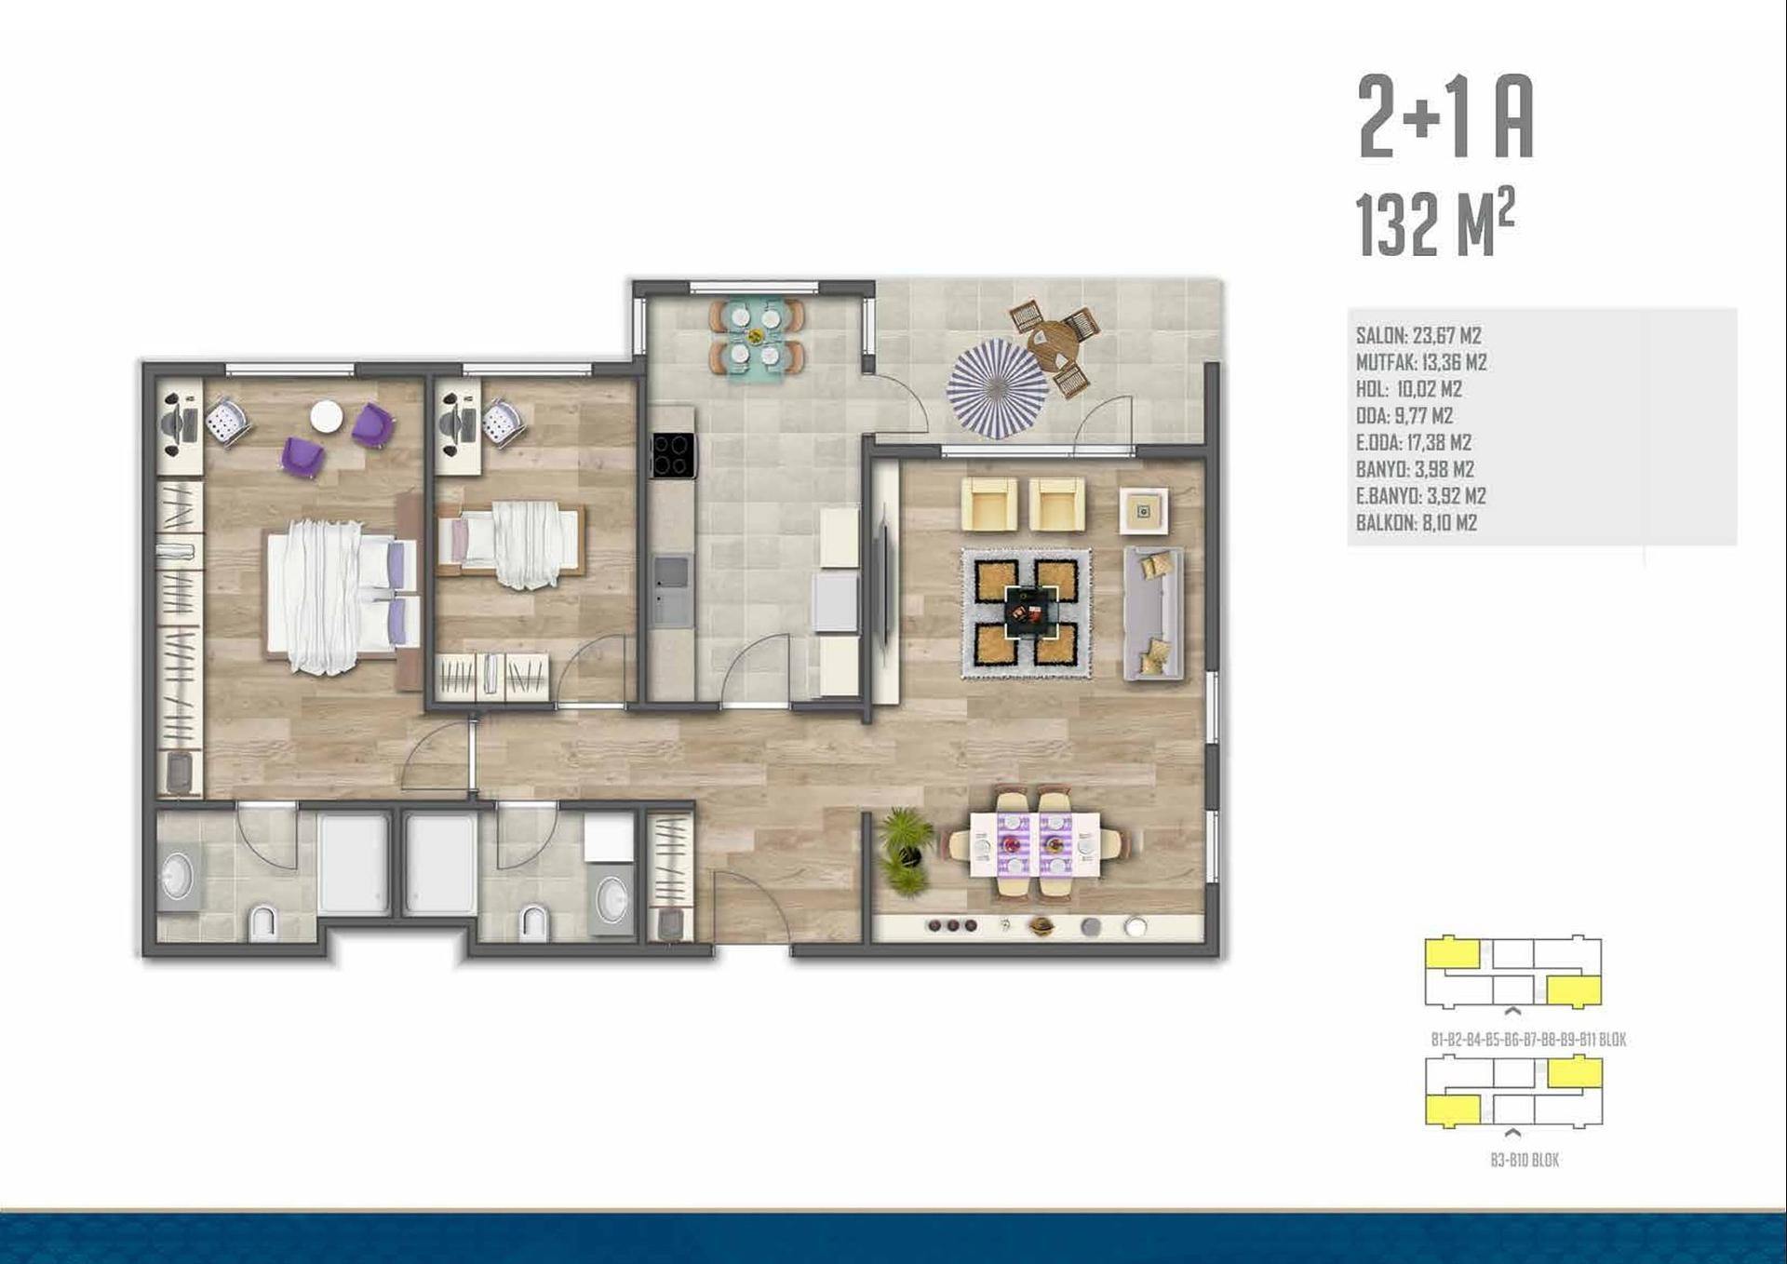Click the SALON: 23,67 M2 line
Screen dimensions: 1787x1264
[x=1418, y=335]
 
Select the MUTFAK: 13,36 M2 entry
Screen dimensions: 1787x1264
[x=1421, y=362]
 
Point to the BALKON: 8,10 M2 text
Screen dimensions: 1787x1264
[x=1417, y=523]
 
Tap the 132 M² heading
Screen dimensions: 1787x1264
[x=1435, y=223]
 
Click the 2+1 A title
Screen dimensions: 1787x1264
[x=1445, y=117]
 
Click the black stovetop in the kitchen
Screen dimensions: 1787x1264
[x=673, y=455]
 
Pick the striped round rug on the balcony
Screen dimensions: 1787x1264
[x=997, y=388]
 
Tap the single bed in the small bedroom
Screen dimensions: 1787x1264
[x=511, y=545]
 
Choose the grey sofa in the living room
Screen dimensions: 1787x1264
[x=1154, y=612]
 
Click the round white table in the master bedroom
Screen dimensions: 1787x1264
[x=326, y=416]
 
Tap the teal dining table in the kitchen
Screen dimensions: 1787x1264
[x=756, y=337]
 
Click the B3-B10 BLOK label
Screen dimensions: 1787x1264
[x=1525, y=1160]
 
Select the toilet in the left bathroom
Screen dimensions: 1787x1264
[x=264, y=923]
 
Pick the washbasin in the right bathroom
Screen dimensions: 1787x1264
[x=611, y=899]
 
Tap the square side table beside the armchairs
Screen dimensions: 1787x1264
[x=1144, y=511]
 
